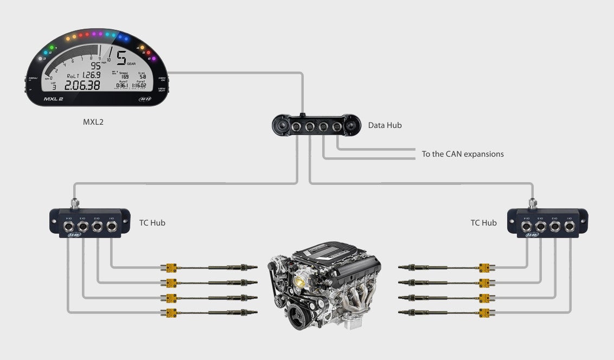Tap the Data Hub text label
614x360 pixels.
click(385, 125)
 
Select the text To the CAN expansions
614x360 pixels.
click(463, 154)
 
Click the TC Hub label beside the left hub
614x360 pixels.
click(152, 222)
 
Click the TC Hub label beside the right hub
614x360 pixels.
click(483, 222)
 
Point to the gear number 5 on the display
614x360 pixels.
click(121, 57)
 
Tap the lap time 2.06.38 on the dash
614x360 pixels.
click(82, 85)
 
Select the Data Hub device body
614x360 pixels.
click(316, 126)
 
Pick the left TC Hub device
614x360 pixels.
click(89, 222)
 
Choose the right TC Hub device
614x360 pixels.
click(547, 222)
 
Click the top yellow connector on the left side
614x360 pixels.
click(171, 267)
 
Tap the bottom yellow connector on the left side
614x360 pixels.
click(171, 312)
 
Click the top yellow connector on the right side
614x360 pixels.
click(484, 267)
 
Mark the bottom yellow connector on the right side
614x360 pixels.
click(484, 312)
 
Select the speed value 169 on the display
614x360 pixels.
click(125, 77)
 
